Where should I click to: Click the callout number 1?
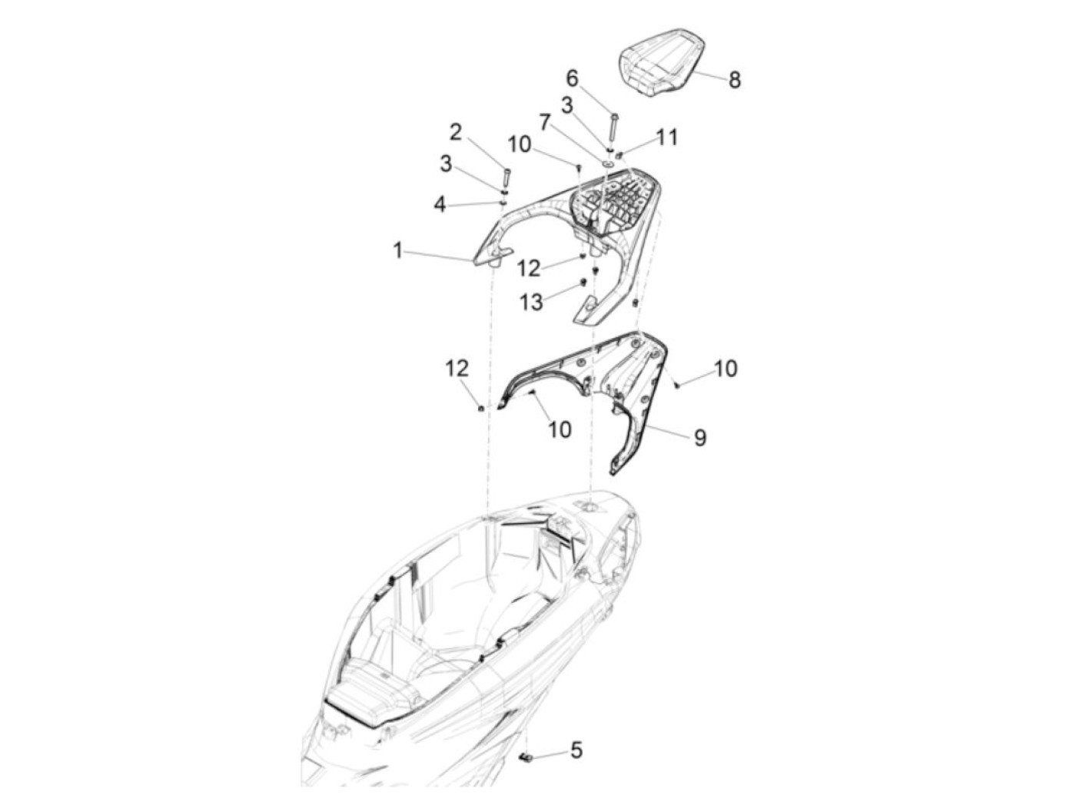pos(397,251)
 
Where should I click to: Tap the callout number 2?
pos(456,132)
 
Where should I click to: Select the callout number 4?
pos(440,205)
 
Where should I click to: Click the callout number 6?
pos(572,78)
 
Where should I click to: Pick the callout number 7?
pos(545,122)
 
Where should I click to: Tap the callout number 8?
pos(734,80)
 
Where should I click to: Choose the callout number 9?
pos(700,437)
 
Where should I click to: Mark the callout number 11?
pos(666,137)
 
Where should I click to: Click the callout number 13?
pos(531,303)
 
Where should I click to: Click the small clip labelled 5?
pos(526,757)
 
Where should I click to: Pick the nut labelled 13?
pos(583,282)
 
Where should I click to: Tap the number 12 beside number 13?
pos(529,268)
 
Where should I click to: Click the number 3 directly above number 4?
pos(446,164)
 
